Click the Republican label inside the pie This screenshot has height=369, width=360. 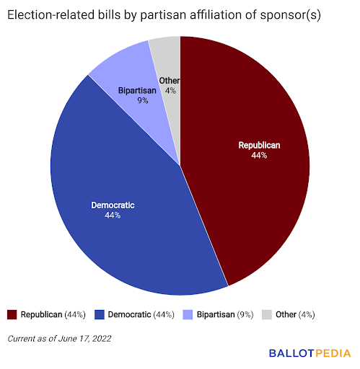pyautogui.click(x=259, y=145)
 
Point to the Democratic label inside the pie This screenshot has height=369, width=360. pyautogui.click(x=113, y=205)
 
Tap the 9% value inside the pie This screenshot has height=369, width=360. pyautogui.click(x=143, y=101)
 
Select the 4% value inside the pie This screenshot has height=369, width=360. pyautogui.click(x=170, y=91)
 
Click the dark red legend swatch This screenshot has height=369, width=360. pyautogui.click(x=12, y=314)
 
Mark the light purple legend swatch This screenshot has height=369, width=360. pyautogui.click(x=187, y=314)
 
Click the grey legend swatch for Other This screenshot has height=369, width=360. pyautogui.click(x=267, y=314)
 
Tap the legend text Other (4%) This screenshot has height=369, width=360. pyautogui.click(x=295, y=314)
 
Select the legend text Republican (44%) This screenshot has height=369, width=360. pyautogui.click(x=53, y=314)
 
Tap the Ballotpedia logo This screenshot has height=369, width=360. pyautogui.click(x=309, y=353)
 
